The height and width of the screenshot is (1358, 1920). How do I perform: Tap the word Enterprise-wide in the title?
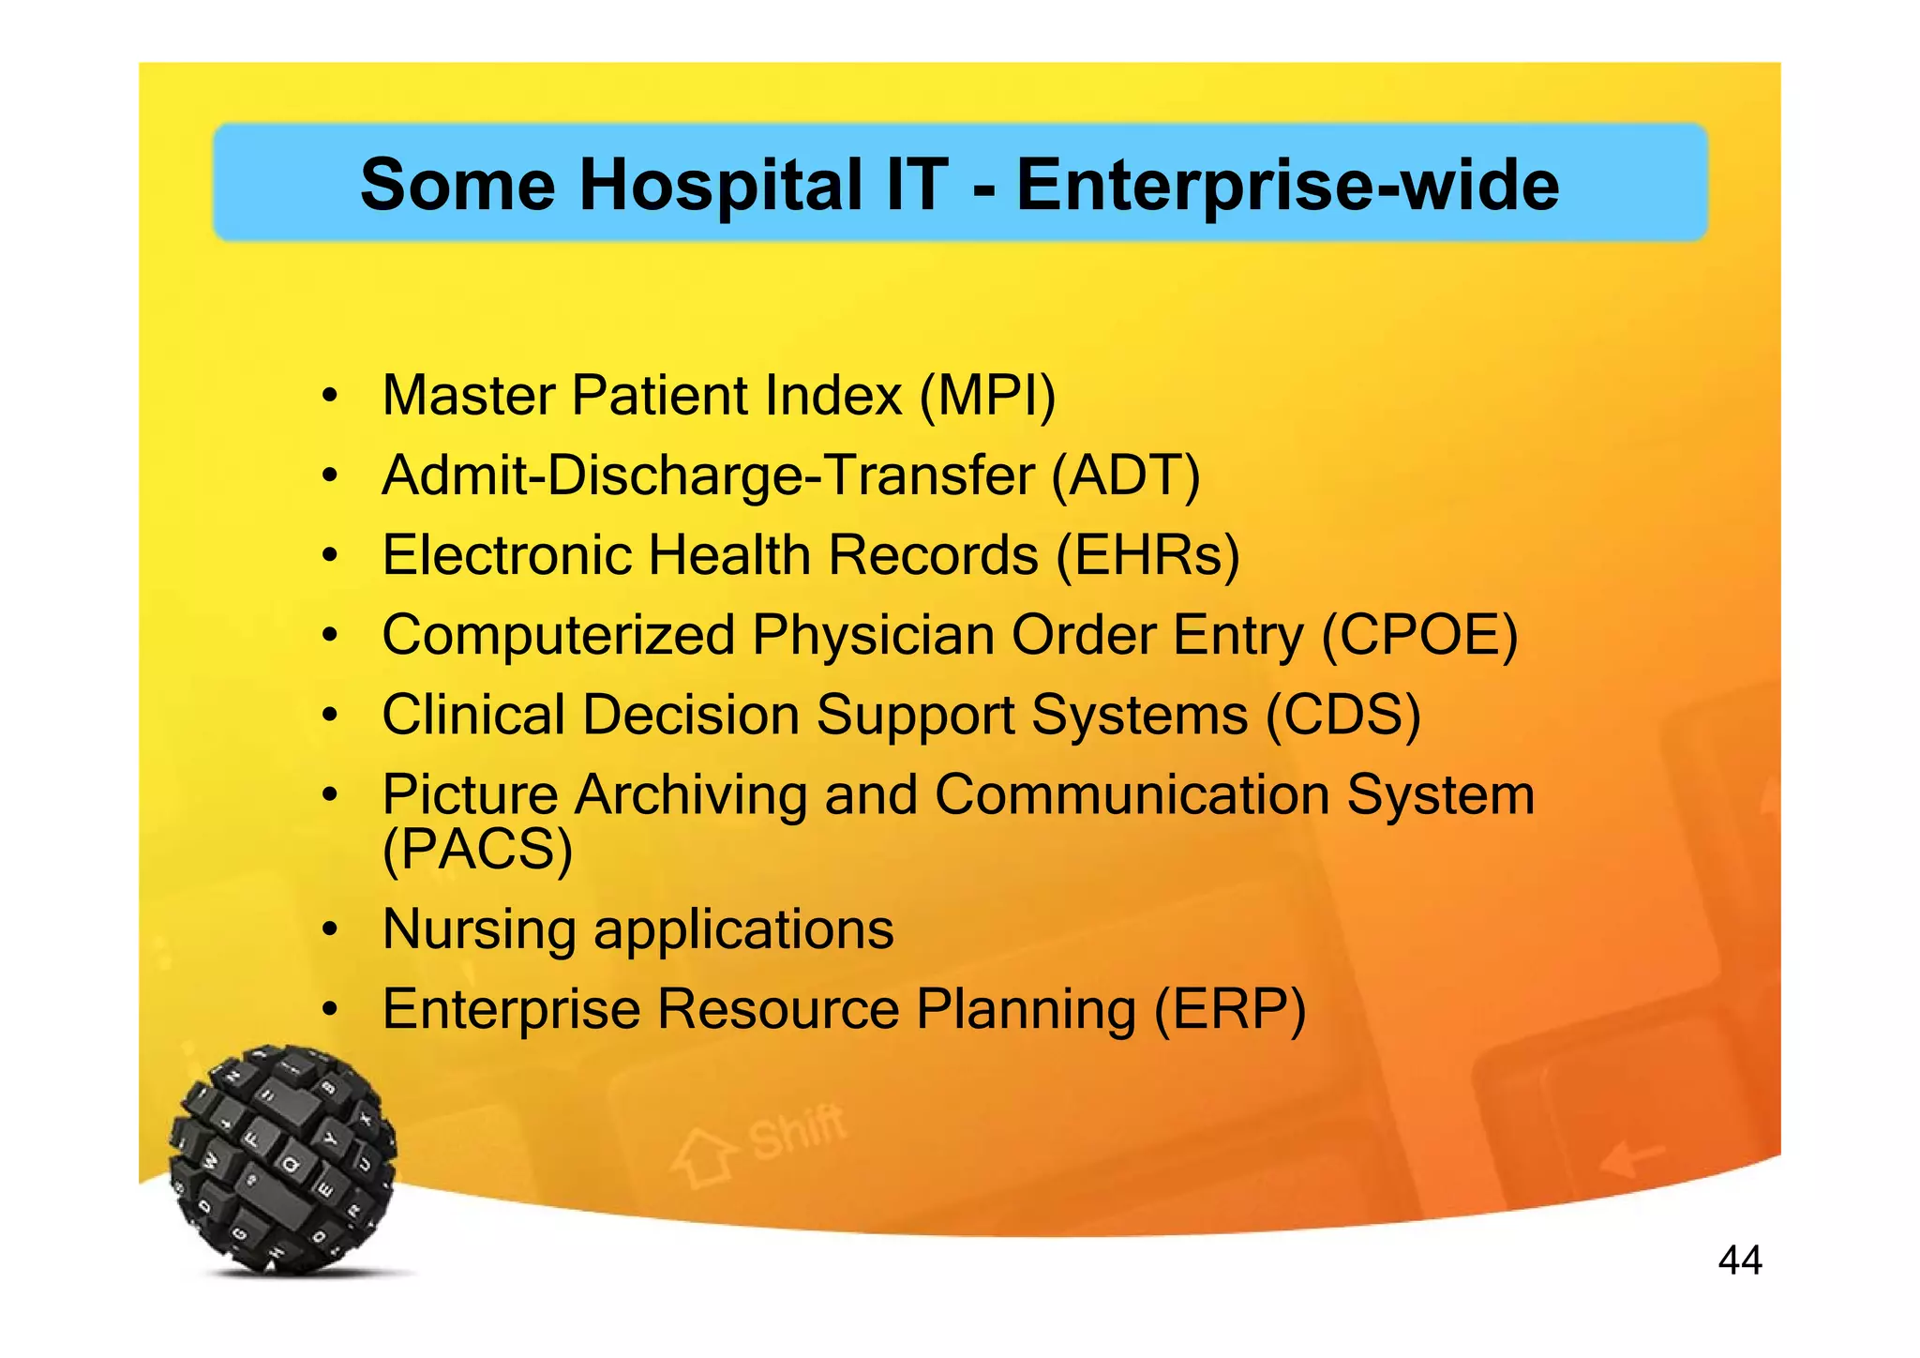point(1288,185)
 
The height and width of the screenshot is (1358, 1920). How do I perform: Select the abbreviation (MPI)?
point(987,396)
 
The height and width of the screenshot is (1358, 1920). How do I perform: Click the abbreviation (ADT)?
point(1125,475)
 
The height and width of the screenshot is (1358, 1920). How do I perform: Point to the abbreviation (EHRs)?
point(1147,555)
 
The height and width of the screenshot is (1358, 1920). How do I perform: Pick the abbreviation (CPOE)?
point(1419,636)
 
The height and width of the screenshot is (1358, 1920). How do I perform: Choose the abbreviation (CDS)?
point(1342,716)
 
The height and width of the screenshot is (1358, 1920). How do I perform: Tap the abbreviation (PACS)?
point(477,850)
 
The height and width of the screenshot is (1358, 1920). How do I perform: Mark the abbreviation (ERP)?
point(1229,1010)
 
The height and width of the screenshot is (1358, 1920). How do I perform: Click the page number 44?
point(1739,1260)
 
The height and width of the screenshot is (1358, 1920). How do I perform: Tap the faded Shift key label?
point(796,1131)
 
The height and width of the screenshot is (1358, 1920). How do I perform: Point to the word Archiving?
point(690,795)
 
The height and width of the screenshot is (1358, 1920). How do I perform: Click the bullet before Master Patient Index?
point(328,397)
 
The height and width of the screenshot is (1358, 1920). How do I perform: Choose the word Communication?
point(1132,795)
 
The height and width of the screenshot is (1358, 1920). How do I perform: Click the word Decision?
point(690,716)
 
